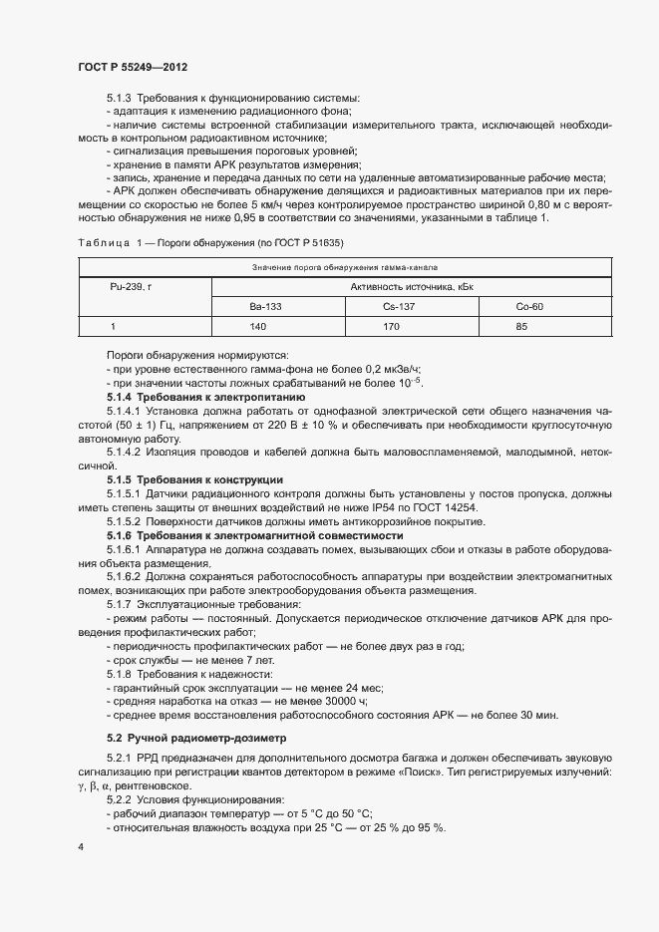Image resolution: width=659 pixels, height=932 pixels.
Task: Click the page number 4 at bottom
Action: [x=81, y=847]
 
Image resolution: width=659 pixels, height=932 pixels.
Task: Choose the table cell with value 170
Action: [x=391, y=326]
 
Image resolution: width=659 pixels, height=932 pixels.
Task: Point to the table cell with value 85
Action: [x=521, y=326]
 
